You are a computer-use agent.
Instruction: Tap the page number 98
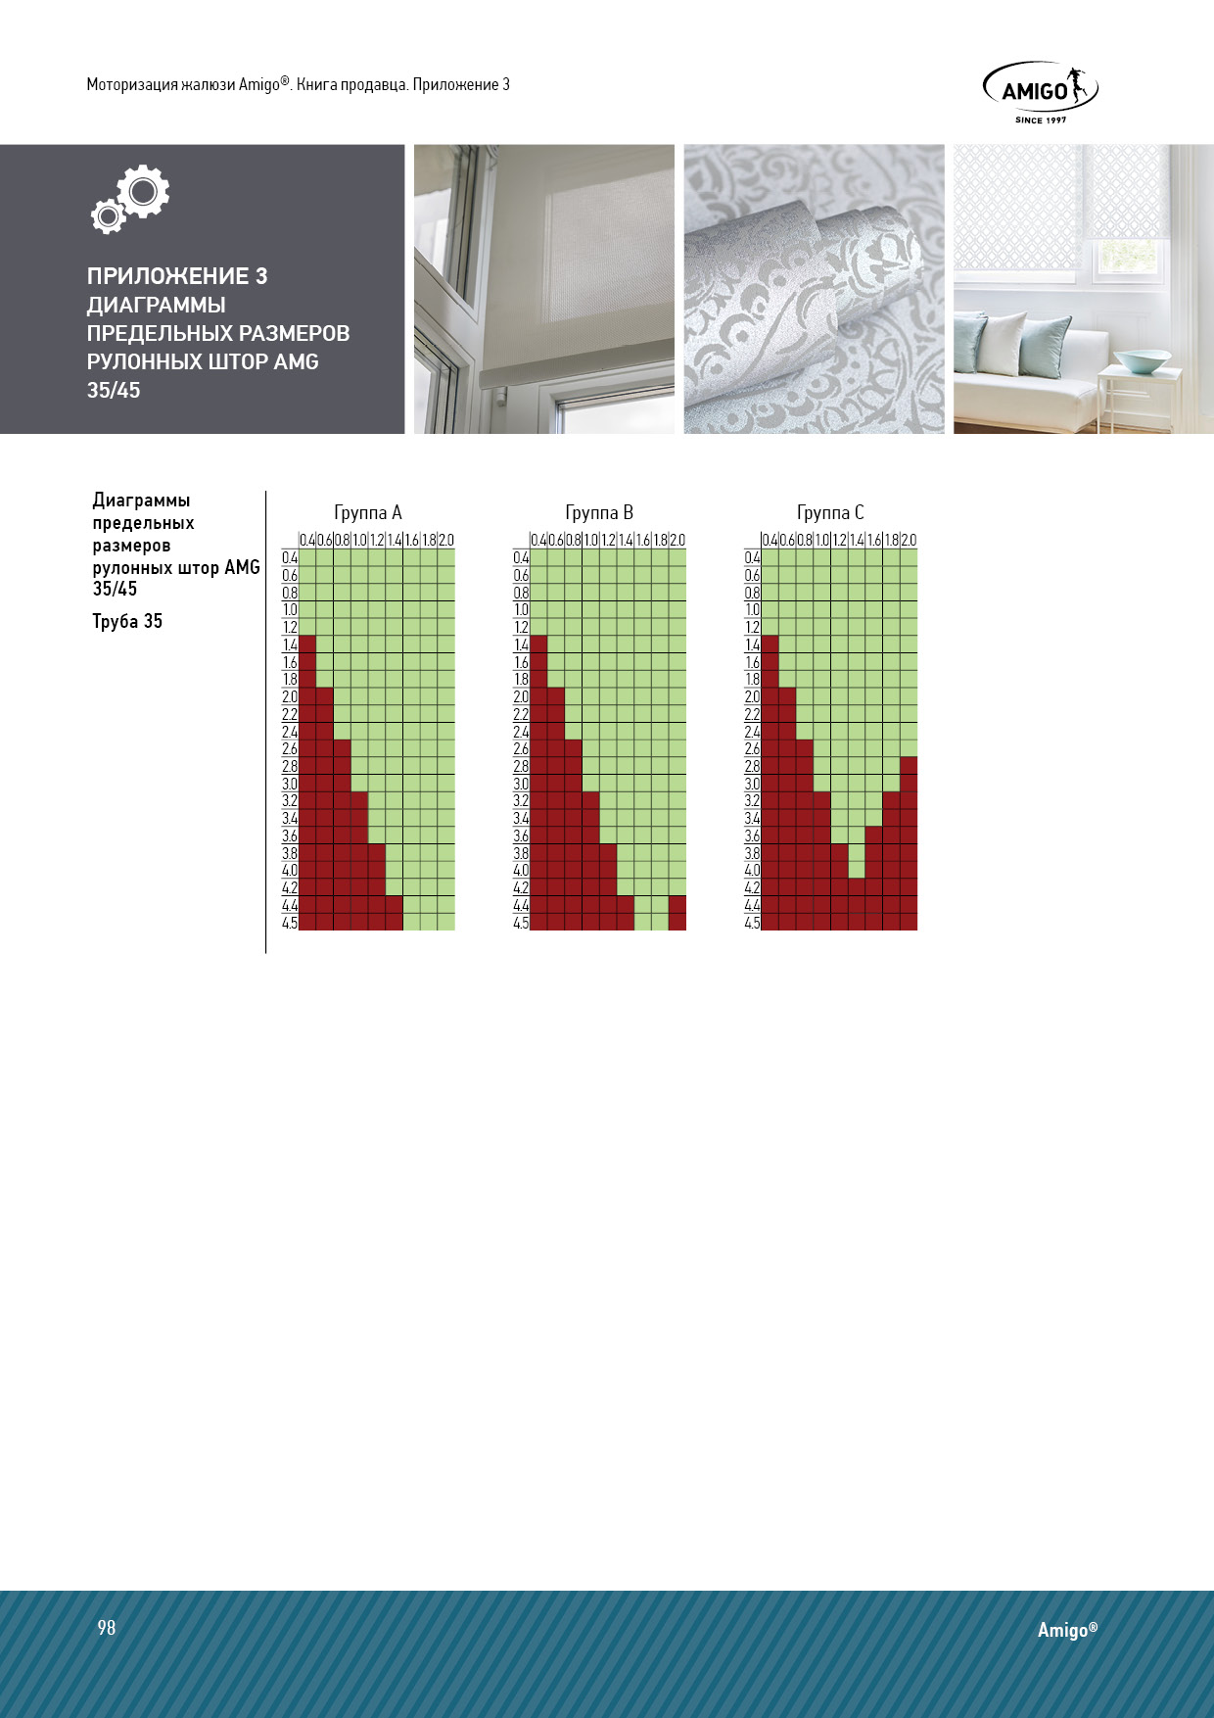pos(107,1627)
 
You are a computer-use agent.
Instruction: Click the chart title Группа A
pos(368,512)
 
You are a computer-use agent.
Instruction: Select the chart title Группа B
pos(599,512)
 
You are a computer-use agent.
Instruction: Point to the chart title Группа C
pos(830,512)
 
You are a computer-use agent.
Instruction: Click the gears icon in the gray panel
pos(131,198)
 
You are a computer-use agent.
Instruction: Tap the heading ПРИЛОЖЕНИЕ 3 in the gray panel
pos(177,276)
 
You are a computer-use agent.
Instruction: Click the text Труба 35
pos(127,621)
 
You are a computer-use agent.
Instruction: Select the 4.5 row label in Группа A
pos(290,923)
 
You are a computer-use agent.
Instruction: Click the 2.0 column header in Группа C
pos(909,540)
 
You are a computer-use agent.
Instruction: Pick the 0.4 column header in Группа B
pos(538,540)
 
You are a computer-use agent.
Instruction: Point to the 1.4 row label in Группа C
pos(752,644)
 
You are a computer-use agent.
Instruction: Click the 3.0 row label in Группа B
pos(521,784)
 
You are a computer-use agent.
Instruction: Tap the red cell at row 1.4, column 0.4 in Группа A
pos(307,644)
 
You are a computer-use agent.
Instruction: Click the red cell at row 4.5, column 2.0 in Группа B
pos(677,922)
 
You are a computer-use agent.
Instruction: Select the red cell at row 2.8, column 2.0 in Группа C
pos(909,766)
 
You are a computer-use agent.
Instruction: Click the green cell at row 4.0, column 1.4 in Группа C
pos(857,870)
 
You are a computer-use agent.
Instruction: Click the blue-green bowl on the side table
pos(1143,361)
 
